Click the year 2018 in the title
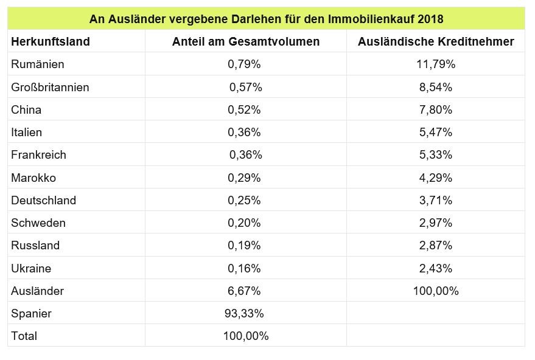tap(429, 19)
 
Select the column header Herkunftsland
tap(51, 41)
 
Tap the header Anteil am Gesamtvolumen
tap(246, 41)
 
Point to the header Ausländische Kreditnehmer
tap(436, 41)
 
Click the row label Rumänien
tap(38, 64)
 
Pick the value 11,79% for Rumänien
tap(436, 64)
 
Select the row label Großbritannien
tap(50, 87)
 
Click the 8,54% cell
tap(436, 87)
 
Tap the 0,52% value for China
tap(244, 109)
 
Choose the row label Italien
tap(27, 132)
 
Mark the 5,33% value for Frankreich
tap(436, 154)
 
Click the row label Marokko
tap(33, 178)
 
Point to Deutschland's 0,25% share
tap(244, 200)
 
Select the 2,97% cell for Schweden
tap(436, 223)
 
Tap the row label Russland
tap(35, 245)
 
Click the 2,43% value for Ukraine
tap(436, 268)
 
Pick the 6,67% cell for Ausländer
tap(244, 291)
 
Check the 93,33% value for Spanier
tap(244, 313)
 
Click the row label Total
tap(24, 336)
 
